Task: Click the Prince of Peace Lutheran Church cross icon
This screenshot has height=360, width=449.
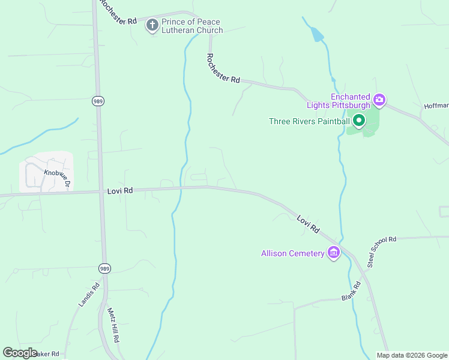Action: tap(152, 25)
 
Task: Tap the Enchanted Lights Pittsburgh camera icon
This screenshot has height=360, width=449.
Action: tap(379, 100)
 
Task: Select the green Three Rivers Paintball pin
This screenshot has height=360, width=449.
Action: tap(359, 121)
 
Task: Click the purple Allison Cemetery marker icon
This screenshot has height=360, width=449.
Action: tap(334, 253)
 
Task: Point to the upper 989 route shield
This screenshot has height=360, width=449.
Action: tap(98, 101)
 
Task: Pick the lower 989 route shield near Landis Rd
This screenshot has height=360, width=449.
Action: tap(104, 268)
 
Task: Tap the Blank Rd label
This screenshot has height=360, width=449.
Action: tap(351, 292)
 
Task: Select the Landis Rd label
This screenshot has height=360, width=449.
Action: tap(88, 295)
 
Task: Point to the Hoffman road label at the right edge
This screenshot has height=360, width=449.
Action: tap(436, 105)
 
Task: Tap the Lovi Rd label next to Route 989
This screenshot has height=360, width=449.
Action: tap(119, 191)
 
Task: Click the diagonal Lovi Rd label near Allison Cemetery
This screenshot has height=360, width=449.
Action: tap(308, 224)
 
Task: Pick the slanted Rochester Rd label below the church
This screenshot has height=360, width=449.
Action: tap(223, 68)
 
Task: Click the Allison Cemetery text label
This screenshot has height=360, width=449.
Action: tap(292, 253)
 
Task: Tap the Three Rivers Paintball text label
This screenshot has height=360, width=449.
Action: tap(309, 121)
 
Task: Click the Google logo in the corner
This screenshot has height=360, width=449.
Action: tap(20, 352)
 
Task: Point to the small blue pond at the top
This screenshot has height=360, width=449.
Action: tap(316, 35)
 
